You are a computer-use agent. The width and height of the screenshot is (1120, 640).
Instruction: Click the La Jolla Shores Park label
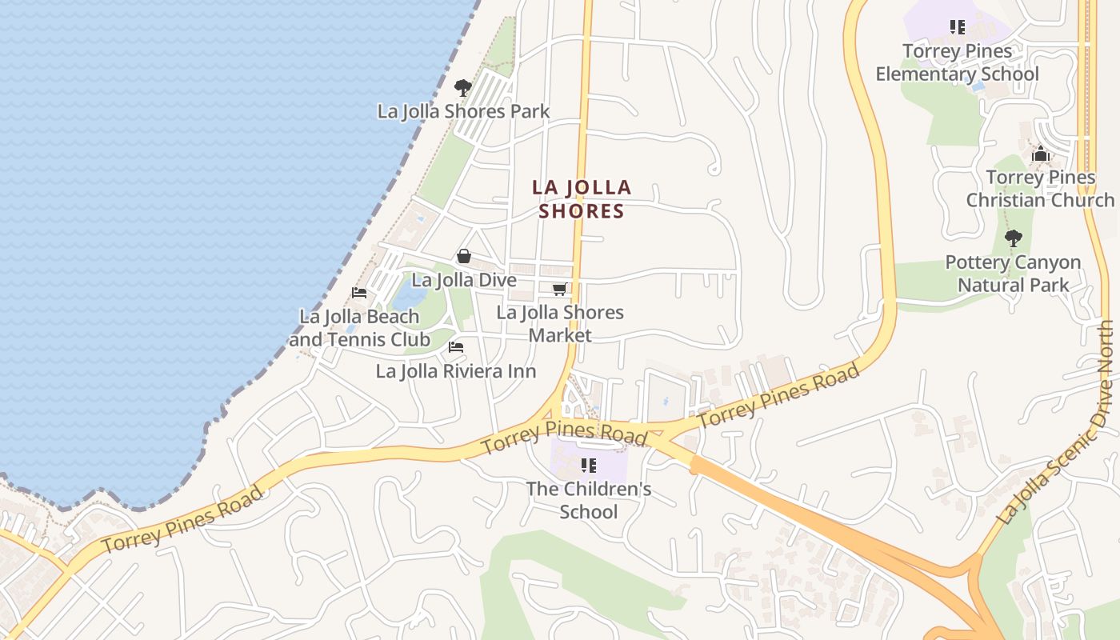463,111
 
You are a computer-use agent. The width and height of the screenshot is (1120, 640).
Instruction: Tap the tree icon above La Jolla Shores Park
462,87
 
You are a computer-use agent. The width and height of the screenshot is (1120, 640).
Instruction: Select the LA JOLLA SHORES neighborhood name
582,199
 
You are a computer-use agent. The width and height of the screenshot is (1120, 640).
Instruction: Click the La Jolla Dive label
464,281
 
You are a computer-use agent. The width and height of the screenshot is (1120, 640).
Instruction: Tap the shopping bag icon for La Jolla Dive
463,256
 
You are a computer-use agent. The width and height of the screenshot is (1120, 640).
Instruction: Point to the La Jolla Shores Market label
560,323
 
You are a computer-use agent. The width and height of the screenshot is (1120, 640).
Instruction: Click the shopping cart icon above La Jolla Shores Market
560,289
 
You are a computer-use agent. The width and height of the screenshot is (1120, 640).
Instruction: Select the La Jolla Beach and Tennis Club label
359,328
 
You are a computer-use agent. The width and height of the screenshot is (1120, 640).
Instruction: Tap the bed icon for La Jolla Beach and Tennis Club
359,293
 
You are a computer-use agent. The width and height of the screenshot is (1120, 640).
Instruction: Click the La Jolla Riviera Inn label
456,371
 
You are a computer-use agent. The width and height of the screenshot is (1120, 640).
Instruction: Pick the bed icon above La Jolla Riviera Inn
456,347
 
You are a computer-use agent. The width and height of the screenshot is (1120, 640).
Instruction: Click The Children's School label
589,500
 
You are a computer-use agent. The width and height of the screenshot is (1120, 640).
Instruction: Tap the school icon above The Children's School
589,466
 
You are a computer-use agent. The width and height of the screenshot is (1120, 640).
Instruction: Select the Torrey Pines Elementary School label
957,62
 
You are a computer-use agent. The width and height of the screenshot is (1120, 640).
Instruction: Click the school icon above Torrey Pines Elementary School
957,28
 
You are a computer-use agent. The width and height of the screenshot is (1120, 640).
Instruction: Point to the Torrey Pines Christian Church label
1040,189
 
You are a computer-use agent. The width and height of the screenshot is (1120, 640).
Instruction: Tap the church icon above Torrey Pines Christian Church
1040,154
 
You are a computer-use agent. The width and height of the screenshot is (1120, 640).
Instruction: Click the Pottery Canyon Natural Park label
1013,274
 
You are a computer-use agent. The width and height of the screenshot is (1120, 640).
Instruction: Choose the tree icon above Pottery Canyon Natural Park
1013,238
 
